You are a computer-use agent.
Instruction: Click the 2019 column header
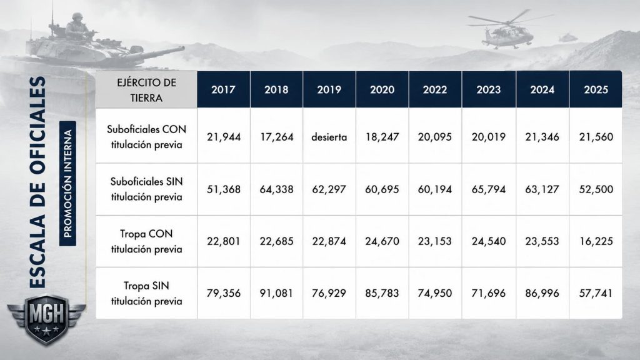point(329,89)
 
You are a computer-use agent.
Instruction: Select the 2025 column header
point(596,89)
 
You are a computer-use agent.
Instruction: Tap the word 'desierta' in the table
point(329,137)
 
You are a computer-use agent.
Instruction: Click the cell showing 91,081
point(276,293)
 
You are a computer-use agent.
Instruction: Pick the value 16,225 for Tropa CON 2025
point(596,241)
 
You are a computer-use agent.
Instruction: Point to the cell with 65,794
point(489,189)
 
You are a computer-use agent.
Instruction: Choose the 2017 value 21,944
point(224,137)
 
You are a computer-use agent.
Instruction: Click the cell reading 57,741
point(596,293)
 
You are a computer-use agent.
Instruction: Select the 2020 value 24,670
point(382,241)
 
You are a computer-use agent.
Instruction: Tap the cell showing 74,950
point(435,293)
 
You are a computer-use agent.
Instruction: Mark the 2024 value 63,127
point(542,189)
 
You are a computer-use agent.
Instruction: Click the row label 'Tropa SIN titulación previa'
point(146,294)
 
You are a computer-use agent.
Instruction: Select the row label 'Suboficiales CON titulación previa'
point(146,137)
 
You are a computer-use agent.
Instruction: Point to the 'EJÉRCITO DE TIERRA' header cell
point(146,90)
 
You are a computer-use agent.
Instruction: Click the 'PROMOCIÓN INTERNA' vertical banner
point(67,183)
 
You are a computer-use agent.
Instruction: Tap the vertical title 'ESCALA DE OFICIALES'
point(38,182)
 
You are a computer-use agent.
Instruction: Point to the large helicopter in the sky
point(508,29)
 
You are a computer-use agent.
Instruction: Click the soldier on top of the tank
point(77,26)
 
